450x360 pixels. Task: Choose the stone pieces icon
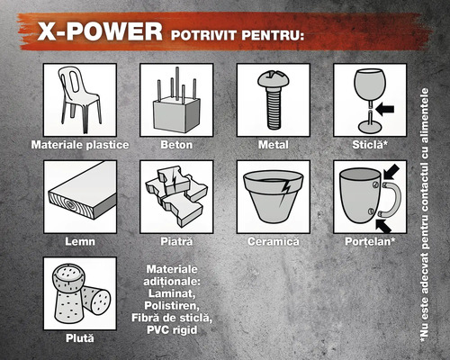click(176, 196)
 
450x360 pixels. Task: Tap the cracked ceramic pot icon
click(274, 196)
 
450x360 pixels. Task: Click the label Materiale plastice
click(80, 144)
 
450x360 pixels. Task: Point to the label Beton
click(176, 144)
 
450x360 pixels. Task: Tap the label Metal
click(274, 144)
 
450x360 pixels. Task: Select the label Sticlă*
click(370, 144)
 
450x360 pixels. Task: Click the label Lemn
click(80, 242)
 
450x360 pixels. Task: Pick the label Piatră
click(176, 242)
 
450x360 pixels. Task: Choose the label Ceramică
click(274, 242)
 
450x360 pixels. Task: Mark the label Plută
click(80, 338)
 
